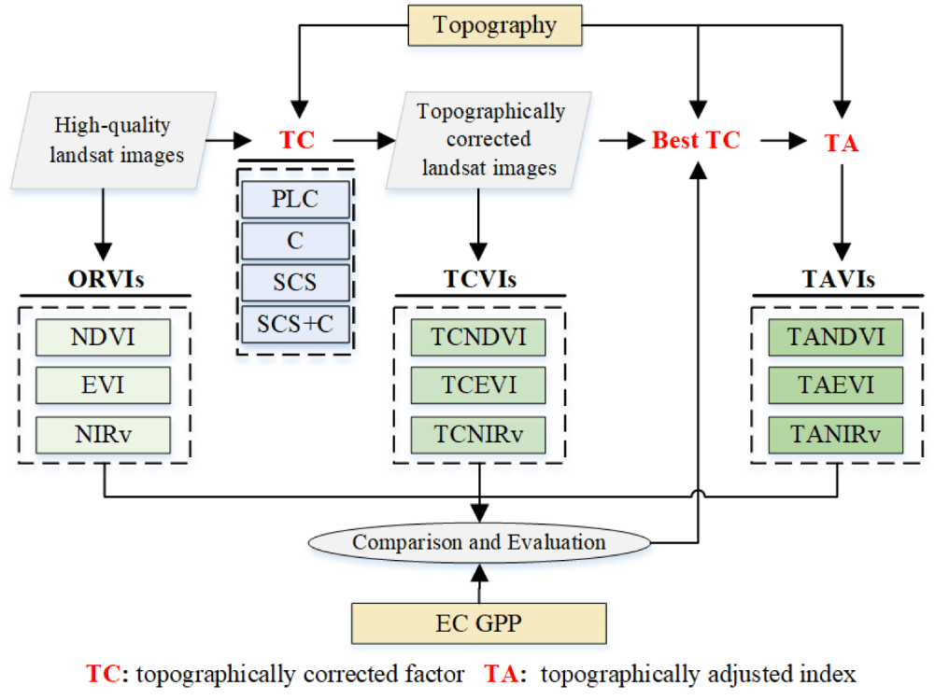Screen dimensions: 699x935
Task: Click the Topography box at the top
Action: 495,24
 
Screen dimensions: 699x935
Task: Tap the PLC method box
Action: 295,200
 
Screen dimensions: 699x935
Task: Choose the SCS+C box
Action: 295,323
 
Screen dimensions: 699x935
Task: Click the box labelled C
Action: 295,241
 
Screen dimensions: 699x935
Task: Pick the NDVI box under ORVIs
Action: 103,337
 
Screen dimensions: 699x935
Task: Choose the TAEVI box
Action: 835,384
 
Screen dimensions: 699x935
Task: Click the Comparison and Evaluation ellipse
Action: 478,542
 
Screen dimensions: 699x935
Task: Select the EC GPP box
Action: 478,622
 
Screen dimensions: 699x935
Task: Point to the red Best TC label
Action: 696,141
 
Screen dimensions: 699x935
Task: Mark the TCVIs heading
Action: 480,280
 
